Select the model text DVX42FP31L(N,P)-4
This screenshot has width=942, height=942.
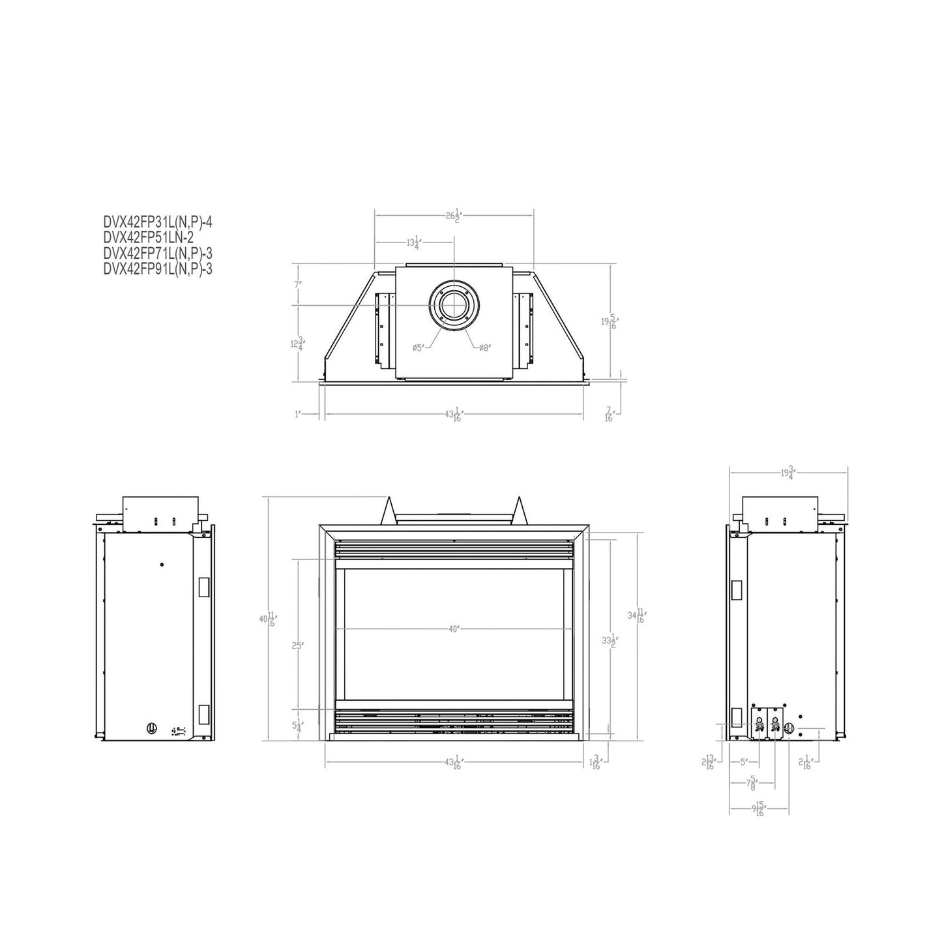pos(158,222)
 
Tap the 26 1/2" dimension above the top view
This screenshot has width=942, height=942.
pos(454,216)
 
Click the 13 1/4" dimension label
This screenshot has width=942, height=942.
pos(414,244)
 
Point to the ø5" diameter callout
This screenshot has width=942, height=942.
pos(419,348)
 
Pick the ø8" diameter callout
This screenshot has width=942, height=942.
pos(484,348)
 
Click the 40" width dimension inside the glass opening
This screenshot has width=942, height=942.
pos(454,628)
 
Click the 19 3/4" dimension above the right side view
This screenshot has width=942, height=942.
pos(788,473)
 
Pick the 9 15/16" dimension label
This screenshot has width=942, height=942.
pos(759,810)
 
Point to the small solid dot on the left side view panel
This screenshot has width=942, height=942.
pos(162,565)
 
